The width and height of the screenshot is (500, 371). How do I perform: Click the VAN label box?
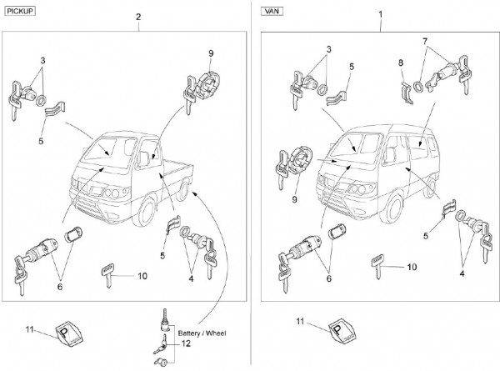click(x=273, y=11)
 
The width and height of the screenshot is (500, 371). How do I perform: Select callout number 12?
click(x=185, y=343)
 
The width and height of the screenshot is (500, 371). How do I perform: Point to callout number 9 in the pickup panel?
click(x=211, y=53)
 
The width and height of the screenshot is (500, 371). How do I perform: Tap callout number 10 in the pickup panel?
click(x=142, y=275)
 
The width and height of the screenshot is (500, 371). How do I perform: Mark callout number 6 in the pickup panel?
click(x=59, y=286)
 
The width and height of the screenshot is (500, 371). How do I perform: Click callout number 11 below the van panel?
click(x=300, y=321)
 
